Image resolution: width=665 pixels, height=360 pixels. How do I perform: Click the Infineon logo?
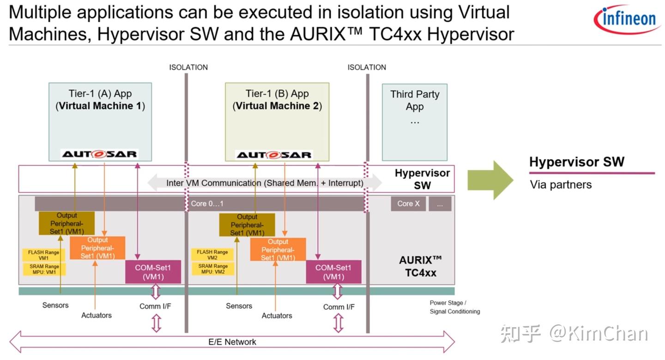(x=627, y=19)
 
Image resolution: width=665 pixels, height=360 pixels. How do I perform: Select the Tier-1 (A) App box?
(x=100, y=122)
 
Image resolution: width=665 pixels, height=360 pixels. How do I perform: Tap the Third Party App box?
(x=414, y=122)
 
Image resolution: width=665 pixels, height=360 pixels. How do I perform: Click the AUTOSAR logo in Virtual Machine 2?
(x=274, y=155)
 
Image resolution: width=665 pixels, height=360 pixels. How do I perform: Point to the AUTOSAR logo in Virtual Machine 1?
(x=99, y=154)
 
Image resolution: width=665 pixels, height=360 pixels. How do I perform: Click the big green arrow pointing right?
(x=490, y=180)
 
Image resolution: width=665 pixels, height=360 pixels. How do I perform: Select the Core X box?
(x=408, y=204)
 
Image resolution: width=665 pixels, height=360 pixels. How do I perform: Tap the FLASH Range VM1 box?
(x=43, y=255)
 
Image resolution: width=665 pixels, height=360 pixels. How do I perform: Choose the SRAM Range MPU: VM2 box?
(x=213, y=269)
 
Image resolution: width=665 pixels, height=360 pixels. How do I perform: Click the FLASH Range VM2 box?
(x=212, y=255)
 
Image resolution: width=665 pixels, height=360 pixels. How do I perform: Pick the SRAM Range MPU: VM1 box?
(x=44, y=269)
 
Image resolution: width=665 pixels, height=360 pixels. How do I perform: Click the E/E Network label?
(x=232, y=342)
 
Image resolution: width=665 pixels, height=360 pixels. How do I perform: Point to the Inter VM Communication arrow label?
(x=265, y=183)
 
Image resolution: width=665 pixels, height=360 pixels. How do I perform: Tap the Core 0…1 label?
(x=207, y=204)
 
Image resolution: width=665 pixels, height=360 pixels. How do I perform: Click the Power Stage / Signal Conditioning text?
(x=454, y=307)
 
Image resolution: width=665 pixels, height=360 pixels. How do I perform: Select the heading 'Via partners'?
(x=561, y=185)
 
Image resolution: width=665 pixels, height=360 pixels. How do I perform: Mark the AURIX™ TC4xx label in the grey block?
(x=421, y=267)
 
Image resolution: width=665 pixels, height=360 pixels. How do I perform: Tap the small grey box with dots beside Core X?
(x=440, y=204)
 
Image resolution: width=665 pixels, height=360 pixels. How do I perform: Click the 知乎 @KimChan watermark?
(x=574, y=334)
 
